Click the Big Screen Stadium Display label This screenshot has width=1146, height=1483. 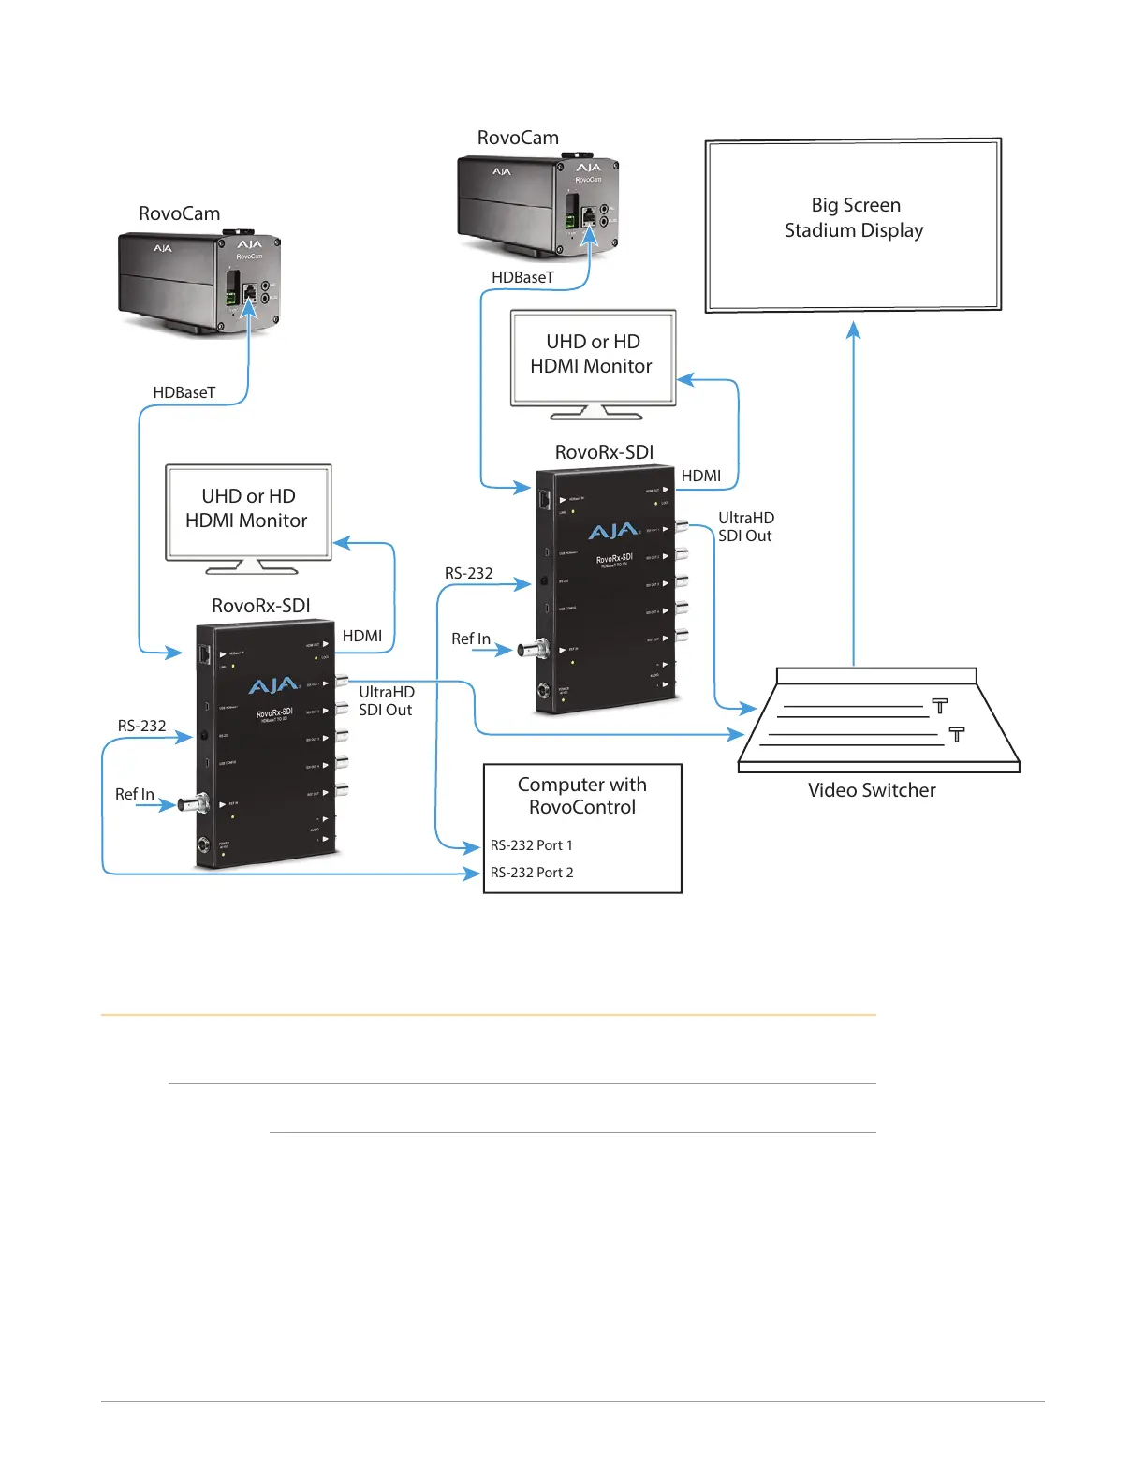(x=854, y=218)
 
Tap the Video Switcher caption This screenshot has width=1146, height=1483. (x=872, y=790)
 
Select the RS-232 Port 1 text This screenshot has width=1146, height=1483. (x=531, y=845)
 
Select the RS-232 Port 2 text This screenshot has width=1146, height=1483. (x=532, y=873)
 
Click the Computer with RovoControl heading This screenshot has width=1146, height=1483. (x=582, y=796)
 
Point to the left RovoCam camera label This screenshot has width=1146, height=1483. (x=179, y=213)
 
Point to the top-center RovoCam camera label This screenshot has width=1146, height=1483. (x=518, y=138)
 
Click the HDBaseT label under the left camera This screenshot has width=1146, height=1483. (x=184, y=392)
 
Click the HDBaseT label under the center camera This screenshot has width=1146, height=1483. (x=522, y=277)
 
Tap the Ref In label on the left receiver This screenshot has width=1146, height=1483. (x=134, y=794)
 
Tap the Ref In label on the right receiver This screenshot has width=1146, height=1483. (x=470, y=639)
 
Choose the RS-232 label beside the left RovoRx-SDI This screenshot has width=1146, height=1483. (x=141, y=726)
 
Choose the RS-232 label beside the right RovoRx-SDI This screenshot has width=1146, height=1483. (x=468, y=573)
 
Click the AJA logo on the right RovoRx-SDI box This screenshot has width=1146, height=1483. (x=613, y=532)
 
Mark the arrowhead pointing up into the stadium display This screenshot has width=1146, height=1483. (x=853, y=329)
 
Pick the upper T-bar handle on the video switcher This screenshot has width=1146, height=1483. (x=940, y=705)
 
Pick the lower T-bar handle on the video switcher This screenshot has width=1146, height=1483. (x=957, y=734)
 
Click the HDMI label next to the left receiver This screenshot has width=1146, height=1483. (x=362, y=636)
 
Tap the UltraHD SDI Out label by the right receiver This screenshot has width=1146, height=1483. (x=745, y=527)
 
